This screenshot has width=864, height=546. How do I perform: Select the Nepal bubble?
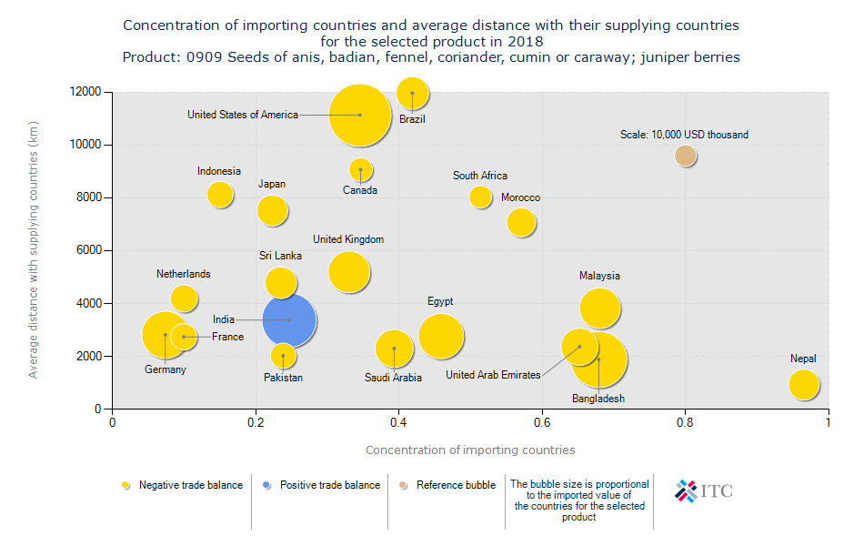804,384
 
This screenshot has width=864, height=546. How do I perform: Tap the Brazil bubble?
413,93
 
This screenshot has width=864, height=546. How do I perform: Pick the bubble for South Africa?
480,197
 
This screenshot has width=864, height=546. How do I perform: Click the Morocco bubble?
521,222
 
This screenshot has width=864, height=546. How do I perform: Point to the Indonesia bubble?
219,194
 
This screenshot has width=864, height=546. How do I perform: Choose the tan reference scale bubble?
686,156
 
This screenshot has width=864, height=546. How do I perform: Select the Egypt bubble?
441,336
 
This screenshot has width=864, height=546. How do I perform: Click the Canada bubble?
361,170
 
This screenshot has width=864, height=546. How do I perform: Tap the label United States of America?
243,115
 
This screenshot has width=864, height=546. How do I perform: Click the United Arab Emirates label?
493,375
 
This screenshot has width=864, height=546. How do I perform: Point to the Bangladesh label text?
598,399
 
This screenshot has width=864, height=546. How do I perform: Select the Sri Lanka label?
281,256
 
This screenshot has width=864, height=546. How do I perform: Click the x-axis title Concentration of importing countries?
470,450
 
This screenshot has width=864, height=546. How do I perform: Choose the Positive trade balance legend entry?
329,485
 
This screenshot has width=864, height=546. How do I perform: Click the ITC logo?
703,491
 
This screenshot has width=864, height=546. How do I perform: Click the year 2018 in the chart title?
527,41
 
